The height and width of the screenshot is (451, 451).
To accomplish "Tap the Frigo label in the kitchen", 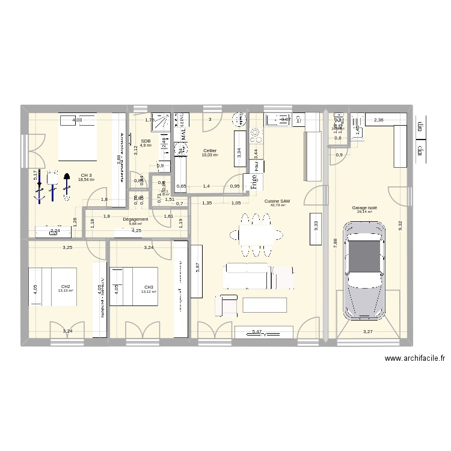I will pyautogui.click(x=253, y=181).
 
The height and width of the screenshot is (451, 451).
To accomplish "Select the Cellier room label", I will pyautogui.click(x=210, y=151).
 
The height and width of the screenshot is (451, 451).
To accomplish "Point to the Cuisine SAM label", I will pyautogui.click(x=280, y=201).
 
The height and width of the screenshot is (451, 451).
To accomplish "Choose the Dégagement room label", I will pyautogui.click(x=135, y=219).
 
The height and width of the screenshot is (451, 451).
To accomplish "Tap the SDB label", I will pyautogui.click(x=146, y=141).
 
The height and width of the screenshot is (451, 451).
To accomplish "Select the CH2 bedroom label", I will pyautogui.click(x=66, y=287).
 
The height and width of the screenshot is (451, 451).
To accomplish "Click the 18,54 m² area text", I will pyautogui.click(x=86, y=180).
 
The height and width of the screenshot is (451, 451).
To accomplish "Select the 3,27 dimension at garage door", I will pyautogui.click(x=367, y=331).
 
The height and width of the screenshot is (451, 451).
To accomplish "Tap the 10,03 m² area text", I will pyautogui.click(x=210, y=155).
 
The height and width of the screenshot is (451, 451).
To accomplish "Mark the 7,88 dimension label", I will pyautogui.click(x=334, y=242).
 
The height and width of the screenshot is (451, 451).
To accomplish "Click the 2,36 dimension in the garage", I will pyautogui.click(x=378, y=120).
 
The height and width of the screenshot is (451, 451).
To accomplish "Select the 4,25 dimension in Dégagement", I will pyautogui.click(x=137, y=230).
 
